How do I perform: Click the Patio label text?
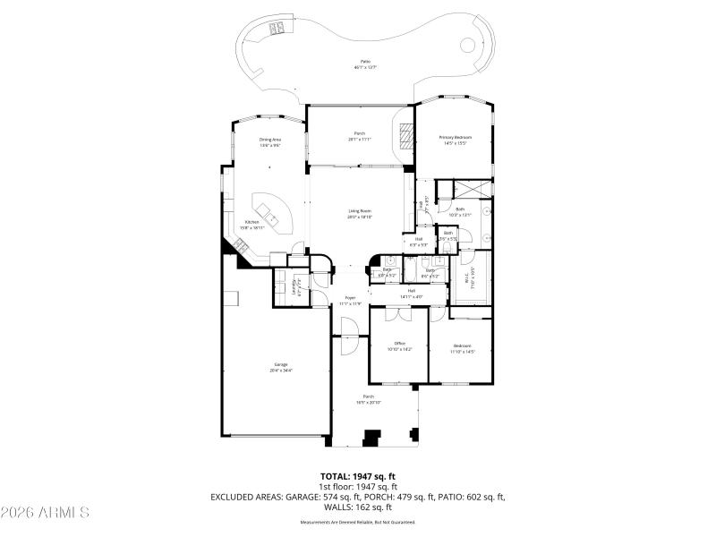click(x=365, y=64)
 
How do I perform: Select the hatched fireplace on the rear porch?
click(x=407, y=135)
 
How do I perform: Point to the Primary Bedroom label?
click(x=455, y=140)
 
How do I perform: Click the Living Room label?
click(x=360, y=213)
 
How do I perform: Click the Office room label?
click(x=400, y=345)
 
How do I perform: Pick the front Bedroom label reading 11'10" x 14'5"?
click(x=462, y=348)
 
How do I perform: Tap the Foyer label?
click(x=350, y=300)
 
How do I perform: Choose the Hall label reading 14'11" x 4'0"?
click(x=412, y=293)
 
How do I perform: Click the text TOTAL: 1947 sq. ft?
click(x=358, y=476)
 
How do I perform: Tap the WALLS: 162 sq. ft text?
click(x=358, y=507)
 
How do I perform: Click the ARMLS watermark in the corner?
click(x=45, y=513)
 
